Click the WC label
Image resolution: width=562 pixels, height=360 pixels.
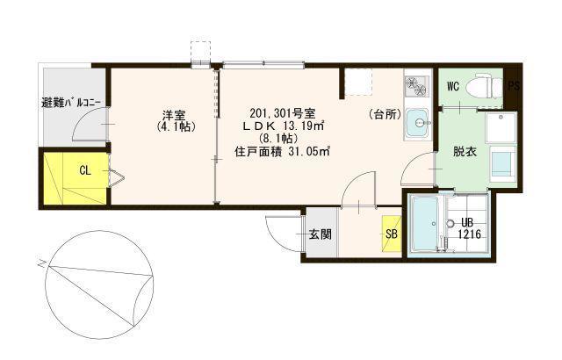(453, 87)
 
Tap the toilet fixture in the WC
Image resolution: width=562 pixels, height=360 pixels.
(488, 86)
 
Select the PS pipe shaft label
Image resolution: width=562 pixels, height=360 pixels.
(513, 86)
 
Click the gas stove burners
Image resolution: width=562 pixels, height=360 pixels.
(416, 87)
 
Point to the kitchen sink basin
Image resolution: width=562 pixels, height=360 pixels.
(418, 123)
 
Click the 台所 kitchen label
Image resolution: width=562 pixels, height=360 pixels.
(385, 115)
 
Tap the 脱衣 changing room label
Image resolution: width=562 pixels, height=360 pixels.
(465, 152)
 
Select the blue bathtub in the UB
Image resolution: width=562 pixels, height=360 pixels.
(425, 224)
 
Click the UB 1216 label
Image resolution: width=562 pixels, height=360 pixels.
(469, 228)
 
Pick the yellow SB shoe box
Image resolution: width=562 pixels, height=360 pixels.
(392, 234)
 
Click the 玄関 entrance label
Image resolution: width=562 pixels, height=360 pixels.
(321, 235)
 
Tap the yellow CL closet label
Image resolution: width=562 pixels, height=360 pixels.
(85, 170)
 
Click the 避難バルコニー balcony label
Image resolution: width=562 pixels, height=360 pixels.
(71, 103)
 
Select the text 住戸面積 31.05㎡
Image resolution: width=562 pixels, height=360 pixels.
(282, 152)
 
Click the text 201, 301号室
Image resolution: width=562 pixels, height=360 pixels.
(283, 113)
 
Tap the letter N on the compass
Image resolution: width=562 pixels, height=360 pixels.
(43, 263)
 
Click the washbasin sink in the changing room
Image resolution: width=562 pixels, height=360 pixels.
(503, 162)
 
